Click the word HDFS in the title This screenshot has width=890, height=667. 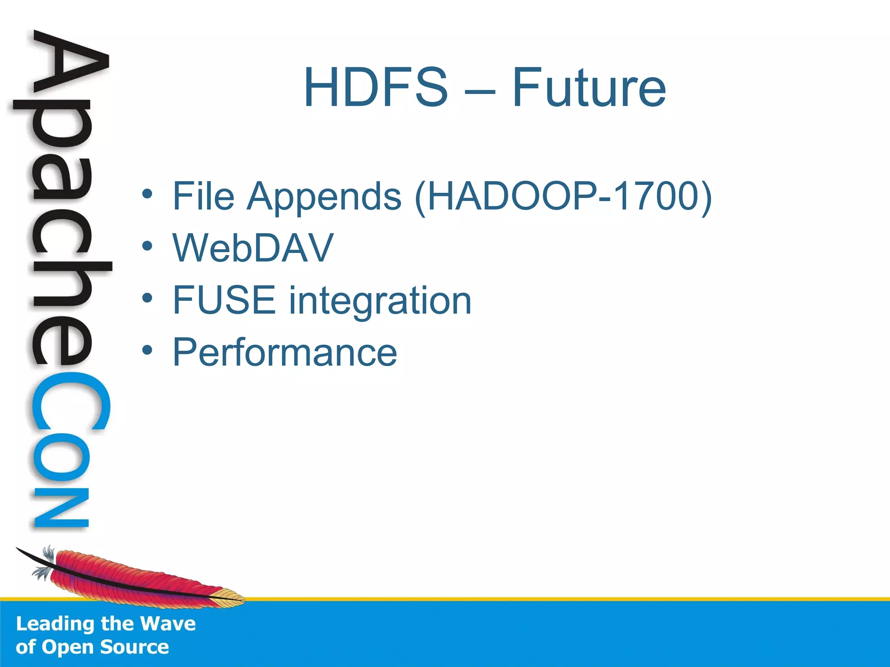(x=375, y=87)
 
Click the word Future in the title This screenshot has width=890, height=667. (x=589, y=87)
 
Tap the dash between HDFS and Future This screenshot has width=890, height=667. (x=479, y=92)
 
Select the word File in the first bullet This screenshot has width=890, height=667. (x=203, y=196)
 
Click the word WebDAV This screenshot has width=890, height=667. (x=253, y=248)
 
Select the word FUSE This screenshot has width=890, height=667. (x=224, y=300)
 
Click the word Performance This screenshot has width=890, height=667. (x=285, y=352)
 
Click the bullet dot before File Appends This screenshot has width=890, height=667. (x=147, y=194)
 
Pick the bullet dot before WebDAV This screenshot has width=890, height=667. (x=147, y=246)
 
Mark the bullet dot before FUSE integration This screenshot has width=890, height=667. (x=147, y=298)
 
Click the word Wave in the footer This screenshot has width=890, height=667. (x=168, y=624)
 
